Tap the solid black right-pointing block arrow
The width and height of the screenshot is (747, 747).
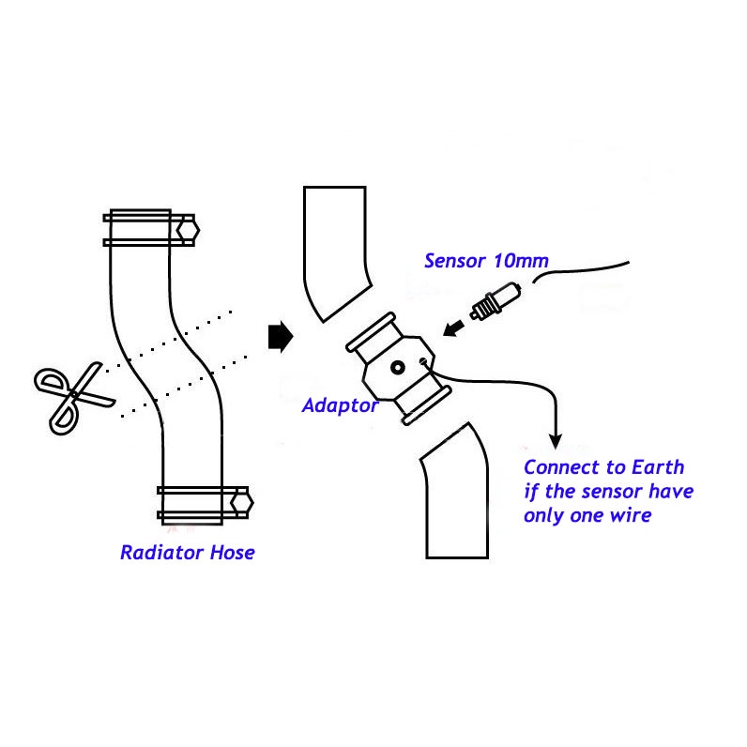pyautogui.click(x=280, y=336)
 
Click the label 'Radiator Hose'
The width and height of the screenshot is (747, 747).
pyautogui.click(x=187, y=553)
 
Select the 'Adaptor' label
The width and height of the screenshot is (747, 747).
pyautogui.click(x=340, y=406)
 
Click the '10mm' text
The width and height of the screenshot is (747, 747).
pyautogui.click(x=524, y=260)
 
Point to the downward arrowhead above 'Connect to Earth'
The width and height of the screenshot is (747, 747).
pyautogui.click(x=556, y=439)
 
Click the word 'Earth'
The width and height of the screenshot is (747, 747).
pyautogui.click(x=651, y=467)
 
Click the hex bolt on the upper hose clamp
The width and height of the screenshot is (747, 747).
pyautogui.click(x=187, y=228)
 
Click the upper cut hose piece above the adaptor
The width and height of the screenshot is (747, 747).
pyautogui.click(x=336, y=249)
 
